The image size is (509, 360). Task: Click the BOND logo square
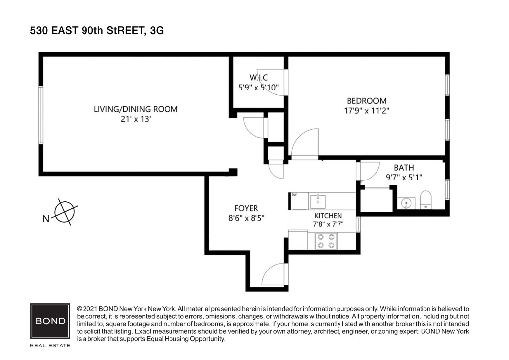point(50,321)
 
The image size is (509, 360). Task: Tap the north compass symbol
point(65,212)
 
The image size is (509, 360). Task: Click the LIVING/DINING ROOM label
point(136,109)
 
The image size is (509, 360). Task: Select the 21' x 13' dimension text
point(136,119)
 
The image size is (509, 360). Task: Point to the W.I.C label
point(258,77)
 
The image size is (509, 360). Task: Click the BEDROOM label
point(367,101)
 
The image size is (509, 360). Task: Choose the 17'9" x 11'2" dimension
point(366,111)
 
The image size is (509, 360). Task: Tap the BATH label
point(404,168)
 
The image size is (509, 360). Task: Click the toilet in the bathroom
point(425,200)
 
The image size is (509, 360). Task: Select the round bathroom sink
point(406,203)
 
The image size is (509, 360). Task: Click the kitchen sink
point(318,201)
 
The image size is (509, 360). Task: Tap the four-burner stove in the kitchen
point(326,241)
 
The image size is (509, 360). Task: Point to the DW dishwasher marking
point(294,195)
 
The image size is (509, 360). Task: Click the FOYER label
point(246,208)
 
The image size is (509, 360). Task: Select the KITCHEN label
point(328,215)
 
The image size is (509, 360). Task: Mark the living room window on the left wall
point(41,115)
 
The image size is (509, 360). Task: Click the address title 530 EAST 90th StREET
point(87,31)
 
